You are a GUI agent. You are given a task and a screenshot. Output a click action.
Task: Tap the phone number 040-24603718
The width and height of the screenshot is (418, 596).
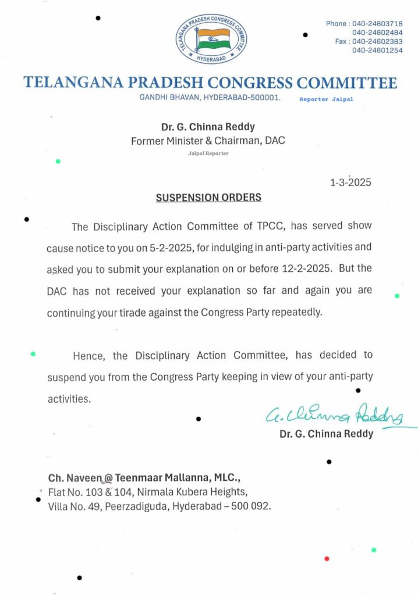[376, 23]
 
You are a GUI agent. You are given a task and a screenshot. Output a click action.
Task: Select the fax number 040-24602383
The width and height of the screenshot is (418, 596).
[377, 41]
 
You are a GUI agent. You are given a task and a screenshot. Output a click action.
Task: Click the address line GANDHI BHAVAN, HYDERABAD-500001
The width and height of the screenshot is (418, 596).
[210, 98]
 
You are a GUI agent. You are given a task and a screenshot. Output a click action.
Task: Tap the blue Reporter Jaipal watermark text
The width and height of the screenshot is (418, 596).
[326, 100]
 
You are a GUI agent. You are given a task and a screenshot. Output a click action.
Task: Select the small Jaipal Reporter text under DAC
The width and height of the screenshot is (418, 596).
[208, 153]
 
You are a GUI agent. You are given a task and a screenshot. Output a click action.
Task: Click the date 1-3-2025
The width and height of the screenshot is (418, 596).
[350, 183]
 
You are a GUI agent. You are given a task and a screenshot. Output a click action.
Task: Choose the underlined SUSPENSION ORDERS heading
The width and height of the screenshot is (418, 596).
[208, 198]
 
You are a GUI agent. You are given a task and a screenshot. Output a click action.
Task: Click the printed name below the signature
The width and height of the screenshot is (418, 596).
[326, 434]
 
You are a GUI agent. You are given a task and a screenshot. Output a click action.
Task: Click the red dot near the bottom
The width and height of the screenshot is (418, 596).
[327, 559]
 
